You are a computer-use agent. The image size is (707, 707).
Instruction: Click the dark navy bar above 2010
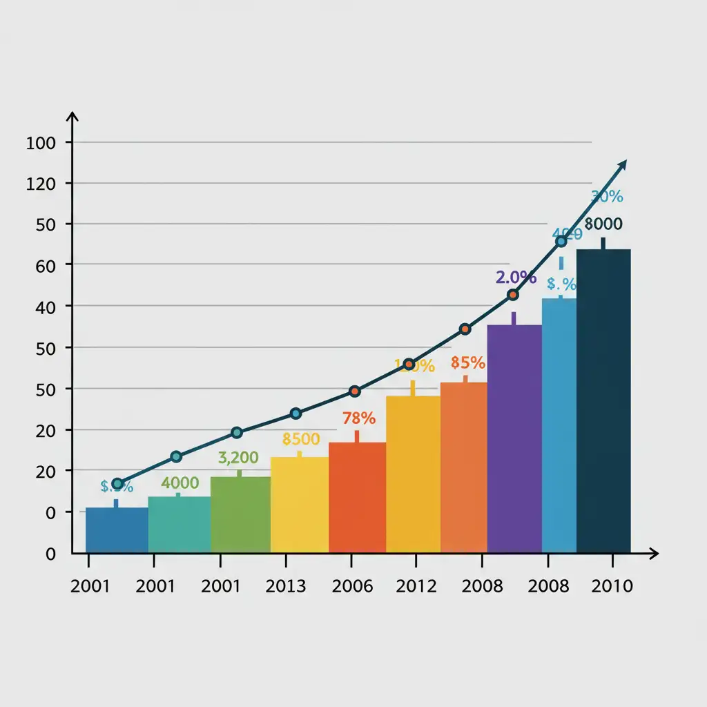point(603,400)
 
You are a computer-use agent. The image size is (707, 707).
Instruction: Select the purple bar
point(514,438)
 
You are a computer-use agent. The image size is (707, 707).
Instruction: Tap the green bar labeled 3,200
point(240,514)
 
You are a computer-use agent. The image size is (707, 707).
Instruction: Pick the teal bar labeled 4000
point(179,524)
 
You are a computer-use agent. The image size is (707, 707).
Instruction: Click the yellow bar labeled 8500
point(300,505)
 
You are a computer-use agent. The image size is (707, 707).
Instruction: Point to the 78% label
point(359,418)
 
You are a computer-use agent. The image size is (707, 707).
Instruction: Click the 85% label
point(467,362)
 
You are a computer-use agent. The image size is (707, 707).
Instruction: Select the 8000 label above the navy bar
point(603,224)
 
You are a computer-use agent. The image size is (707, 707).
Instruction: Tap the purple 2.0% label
point(516,278)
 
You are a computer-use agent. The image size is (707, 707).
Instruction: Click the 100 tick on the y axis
point(39,143)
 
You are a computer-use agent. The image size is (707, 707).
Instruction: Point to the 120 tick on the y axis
point(39,184)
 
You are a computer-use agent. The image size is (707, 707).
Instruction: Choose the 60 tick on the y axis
point(39,265)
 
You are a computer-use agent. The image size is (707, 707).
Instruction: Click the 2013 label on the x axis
point(285,587)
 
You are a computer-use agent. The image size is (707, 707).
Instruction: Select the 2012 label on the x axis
point(416,587)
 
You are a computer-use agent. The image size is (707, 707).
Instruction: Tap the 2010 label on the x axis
point(612,587)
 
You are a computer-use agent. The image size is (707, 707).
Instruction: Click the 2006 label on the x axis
point(352,587)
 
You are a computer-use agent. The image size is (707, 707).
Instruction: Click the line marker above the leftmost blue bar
point(117,484)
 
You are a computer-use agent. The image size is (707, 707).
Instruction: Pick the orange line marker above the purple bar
point(512,295)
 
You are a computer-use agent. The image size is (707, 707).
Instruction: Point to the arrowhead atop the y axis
point(72,116)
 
